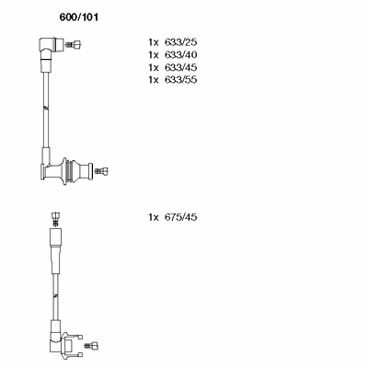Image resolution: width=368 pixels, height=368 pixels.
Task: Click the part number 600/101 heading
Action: click(79, 17)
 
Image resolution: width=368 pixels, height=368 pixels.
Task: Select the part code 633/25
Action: click(180, 42)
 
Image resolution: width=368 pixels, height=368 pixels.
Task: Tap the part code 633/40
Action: click(180, 55)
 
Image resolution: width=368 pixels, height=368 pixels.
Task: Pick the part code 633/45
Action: click(180, 67)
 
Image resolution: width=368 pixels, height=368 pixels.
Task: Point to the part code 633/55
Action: click(180, 80)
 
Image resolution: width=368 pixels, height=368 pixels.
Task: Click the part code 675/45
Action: click(180, 217)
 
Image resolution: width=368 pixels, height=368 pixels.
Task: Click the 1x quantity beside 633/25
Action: click(154, 42)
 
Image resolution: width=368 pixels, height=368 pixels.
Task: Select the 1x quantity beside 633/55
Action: click(154, 80)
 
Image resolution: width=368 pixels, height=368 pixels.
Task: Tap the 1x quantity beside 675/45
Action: click(154, 217)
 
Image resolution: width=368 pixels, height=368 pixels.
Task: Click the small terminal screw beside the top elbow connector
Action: click(74, 45)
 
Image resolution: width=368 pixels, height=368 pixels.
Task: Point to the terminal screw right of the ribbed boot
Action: click(101, 171)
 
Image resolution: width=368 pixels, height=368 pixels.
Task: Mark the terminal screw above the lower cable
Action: click(55, 218)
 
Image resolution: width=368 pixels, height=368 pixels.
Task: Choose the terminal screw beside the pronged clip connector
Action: click(92, 345)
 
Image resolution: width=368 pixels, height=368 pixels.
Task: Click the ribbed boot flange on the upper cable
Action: click(64, 171)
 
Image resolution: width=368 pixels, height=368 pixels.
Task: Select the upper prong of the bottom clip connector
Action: click(74, 336)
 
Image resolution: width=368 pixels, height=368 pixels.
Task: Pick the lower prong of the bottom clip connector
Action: click(75, 354)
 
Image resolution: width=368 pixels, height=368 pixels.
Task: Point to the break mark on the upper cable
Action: click(45, 108)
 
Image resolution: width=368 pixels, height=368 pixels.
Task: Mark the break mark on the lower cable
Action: click(55, 296)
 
